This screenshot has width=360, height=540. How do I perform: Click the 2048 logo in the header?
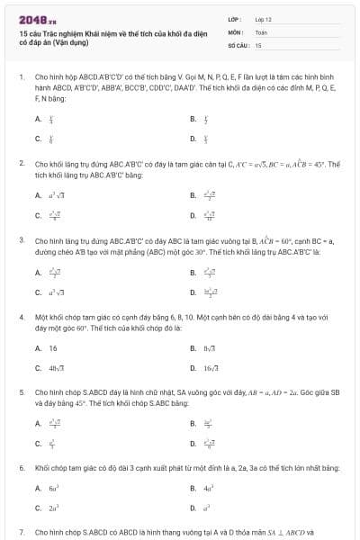33,17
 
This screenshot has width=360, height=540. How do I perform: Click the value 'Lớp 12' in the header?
263,18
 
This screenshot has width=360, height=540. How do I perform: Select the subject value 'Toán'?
261,31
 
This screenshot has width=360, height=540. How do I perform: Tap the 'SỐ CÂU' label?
238,44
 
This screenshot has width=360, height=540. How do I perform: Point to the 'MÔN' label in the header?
234,31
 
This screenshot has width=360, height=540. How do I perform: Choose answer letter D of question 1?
193,139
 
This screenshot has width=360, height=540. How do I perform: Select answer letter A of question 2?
38,194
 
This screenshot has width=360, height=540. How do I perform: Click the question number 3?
21,241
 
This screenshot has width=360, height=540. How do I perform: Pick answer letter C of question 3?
38,292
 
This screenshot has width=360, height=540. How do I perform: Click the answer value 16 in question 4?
53,347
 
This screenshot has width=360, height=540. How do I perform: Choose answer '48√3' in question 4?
57,367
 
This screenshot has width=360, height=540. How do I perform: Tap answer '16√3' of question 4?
211,367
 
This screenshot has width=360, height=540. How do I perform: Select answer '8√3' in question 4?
209,347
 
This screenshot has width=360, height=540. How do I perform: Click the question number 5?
21,393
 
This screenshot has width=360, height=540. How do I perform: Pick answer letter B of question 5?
193,422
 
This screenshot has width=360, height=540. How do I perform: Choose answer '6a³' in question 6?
54,488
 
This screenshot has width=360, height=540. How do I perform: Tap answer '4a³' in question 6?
208,488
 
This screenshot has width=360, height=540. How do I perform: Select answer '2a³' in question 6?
54,508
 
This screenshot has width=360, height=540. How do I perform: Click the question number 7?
21,533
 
